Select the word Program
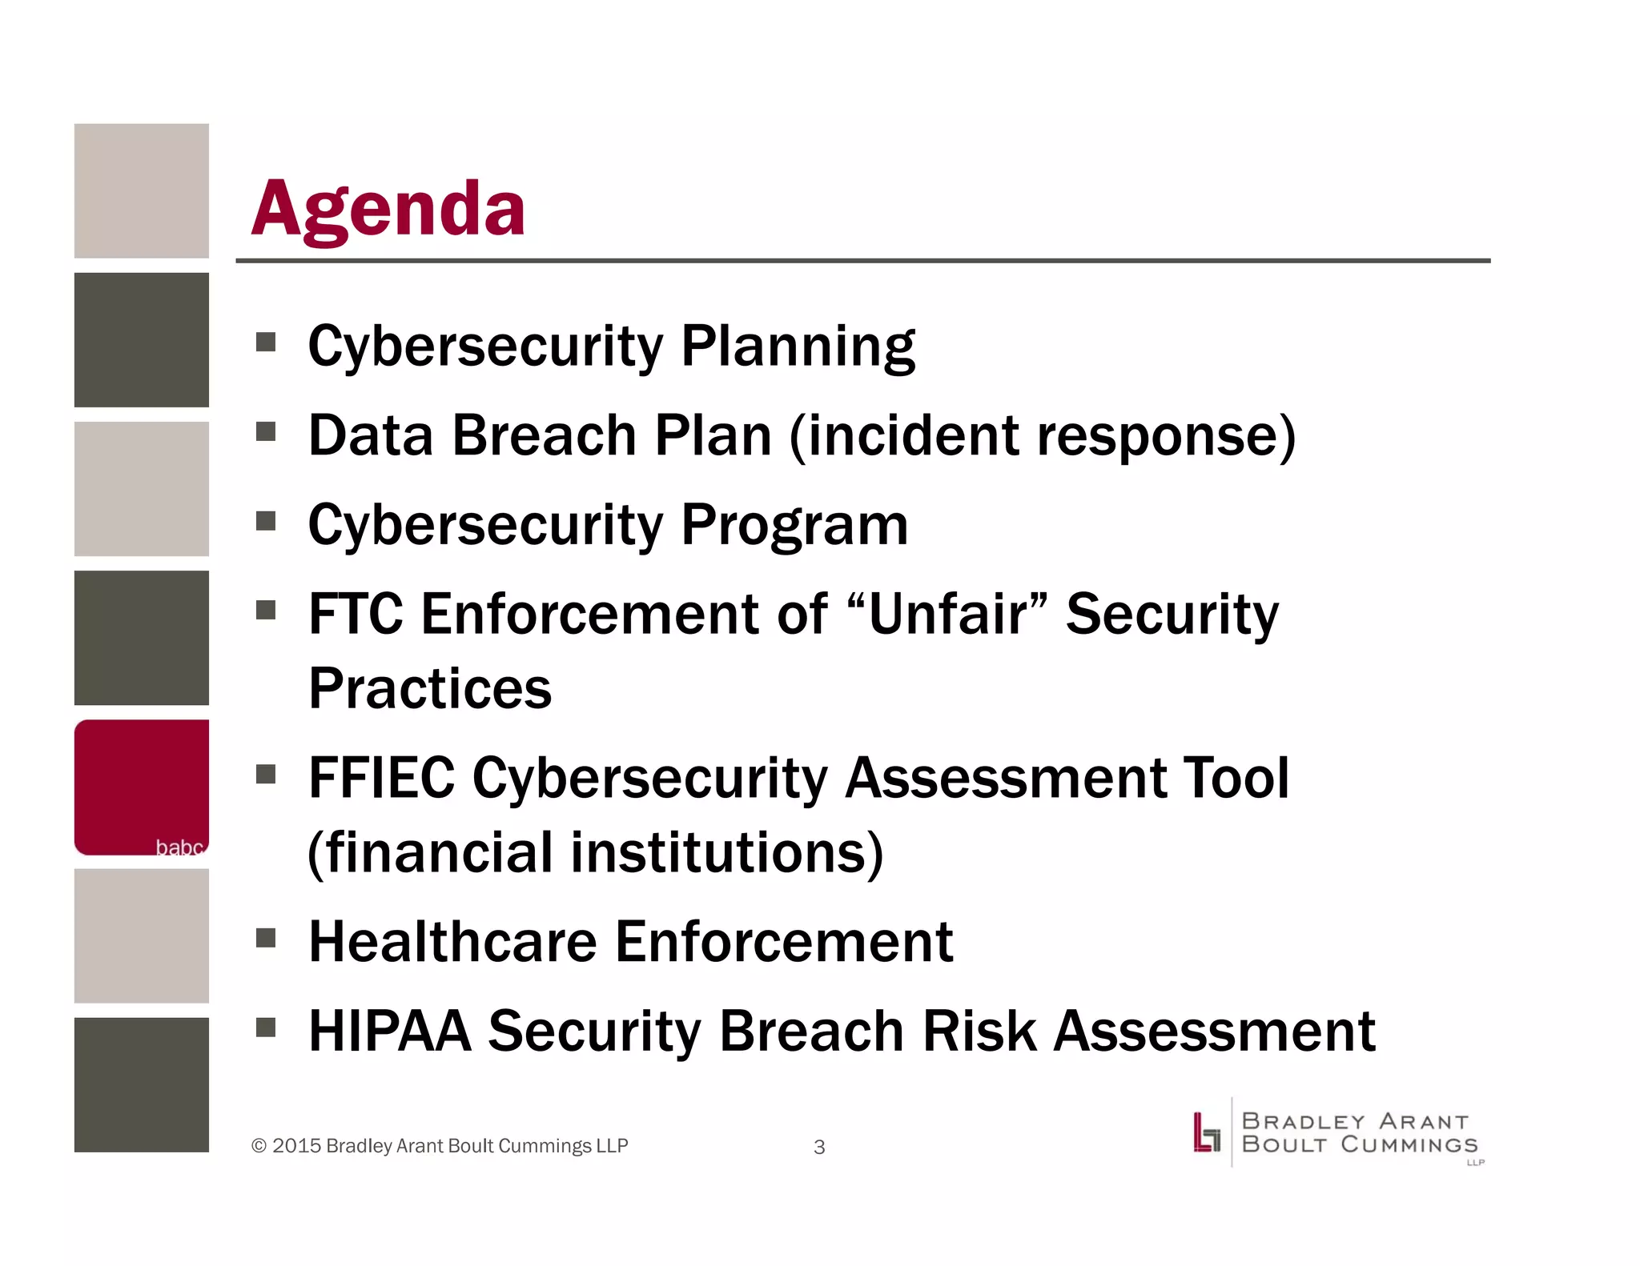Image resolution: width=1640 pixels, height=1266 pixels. tap(794, 526)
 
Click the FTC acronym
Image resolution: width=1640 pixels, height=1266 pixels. tap(356, 615)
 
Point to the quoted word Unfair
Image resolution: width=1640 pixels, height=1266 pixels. tap(947, 615)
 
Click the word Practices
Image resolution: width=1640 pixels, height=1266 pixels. tap(430, 689)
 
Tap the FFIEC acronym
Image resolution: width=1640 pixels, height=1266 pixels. tap(381, 778)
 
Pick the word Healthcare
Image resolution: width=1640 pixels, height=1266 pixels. tap(452, 942)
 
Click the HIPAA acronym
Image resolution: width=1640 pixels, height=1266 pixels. tap(390, 1032)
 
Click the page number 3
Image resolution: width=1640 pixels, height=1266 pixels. tap(819, 1148)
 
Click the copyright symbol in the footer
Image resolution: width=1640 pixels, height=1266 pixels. tap(259, 1146)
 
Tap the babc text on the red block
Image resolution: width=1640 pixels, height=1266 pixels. tap(179, 847)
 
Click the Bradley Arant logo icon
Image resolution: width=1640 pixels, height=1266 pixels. tap(1206, 1132)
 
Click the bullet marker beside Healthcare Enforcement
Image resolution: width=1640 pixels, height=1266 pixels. tap(266, 937)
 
